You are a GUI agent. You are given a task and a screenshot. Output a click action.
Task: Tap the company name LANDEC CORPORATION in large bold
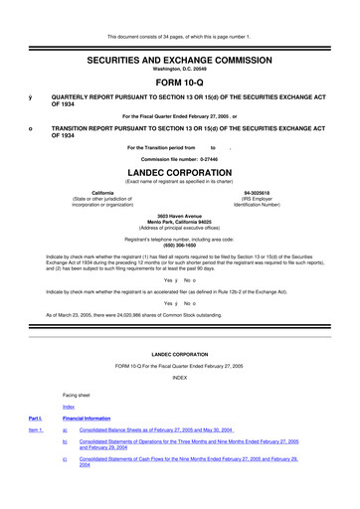pos(179,171)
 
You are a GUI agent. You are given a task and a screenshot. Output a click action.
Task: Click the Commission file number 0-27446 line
pos(179,159)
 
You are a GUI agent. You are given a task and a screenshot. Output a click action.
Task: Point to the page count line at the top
pos(179,9)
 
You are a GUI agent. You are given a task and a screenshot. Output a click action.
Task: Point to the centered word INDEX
pos(179,378)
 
